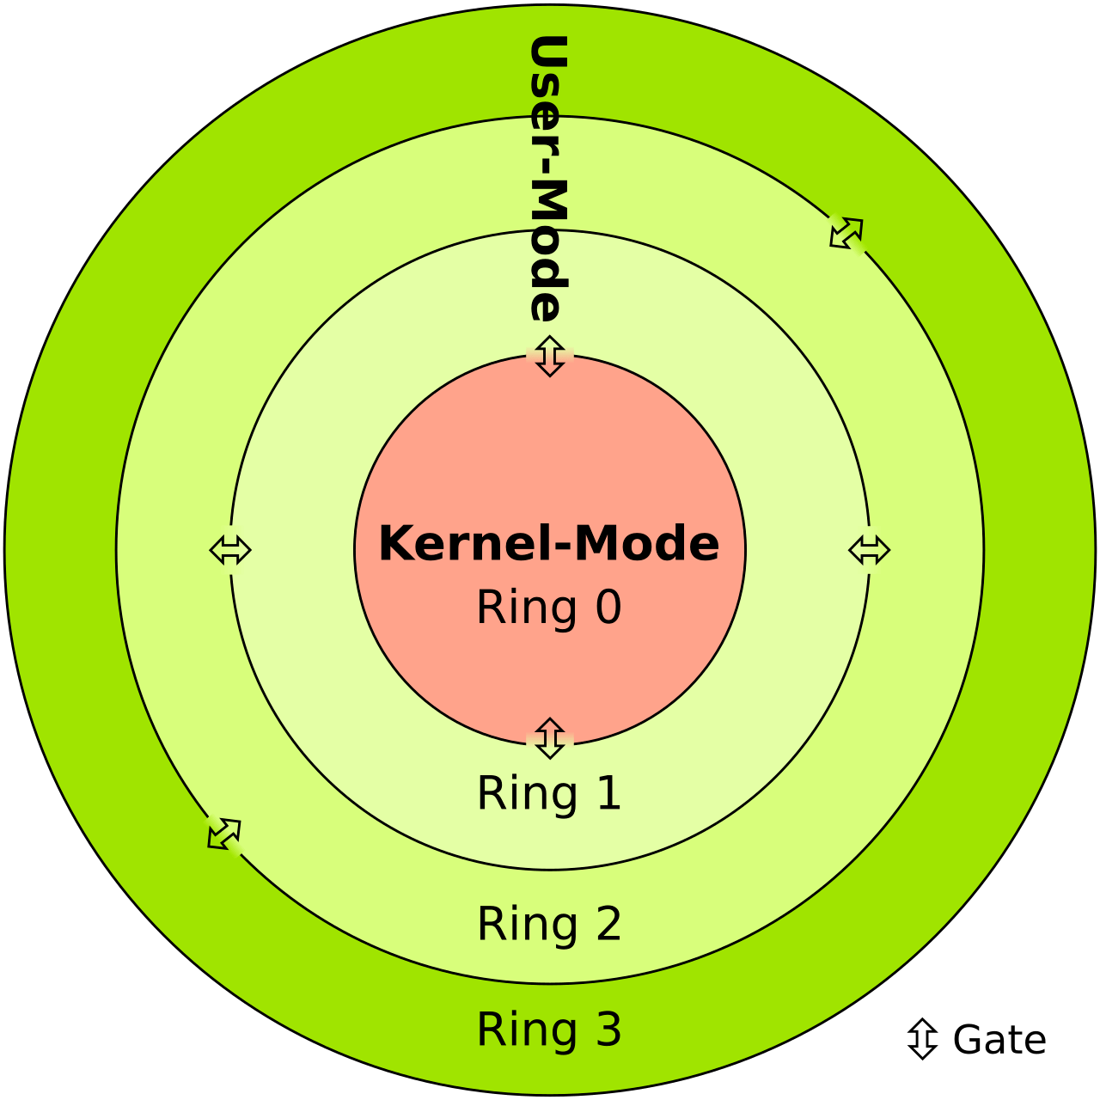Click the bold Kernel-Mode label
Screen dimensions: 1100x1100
548,543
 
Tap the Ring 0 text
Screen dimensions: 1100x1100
548,607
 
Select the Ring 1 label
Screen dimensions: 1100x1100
548,792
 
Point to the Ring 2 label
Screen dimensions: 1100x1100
548,924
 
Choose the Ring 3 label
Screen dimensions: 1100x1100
548,1030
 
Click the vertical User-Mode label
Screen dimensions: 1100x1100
547,179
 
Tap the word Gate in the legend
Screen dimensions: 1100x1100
999,1040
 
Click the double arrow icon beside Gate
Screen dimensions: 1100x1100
921,1038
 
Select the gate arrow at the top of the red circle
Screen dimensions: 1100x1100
549,356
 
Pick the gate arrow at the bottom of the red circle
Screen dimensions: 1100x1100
549,738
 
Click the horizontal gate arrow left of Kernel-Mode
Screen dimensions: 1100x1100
230,550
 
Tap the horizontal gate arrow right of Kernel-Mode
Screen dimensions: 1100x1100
869,550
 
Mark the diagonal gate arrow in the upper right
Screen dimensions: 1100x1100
846,233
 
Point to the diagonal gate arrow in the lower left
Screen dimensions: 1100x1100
224,834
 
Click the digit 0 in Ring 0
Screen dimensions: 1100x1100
608,607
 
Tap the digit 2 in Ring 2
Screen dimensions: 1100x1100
608,924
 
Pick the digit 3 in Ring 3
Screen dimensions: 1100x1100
608,1030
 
